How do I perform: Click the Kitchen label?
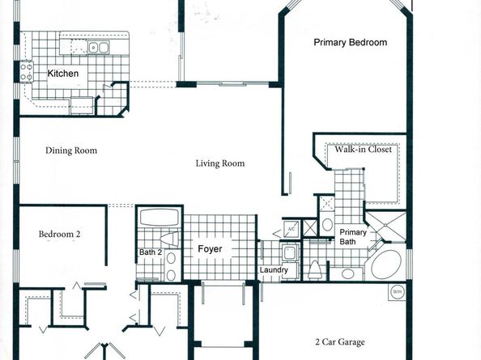(62, 74)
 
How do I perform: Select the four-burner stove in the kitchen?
(26, 72)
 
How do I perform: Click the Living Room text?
(219, 163)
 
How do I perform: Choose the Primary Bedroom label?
(350, 43)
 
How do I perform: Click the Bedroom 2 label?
(59, 235)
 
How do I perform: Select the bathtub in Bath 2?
(159, 218)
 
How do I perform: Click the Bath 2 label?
(151, 251)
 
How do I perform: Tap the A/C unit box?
(291, 230)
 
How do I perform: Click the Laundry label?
(273, 270)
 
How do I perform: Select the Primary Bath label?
(353, 236)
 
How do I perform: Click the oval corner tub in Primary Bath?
(385, 264)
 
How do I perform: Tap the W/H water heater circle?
(397, 292)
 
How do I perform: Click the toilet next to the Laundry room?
(315, 269)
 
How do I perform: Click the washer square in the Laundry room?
(288, 252)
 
